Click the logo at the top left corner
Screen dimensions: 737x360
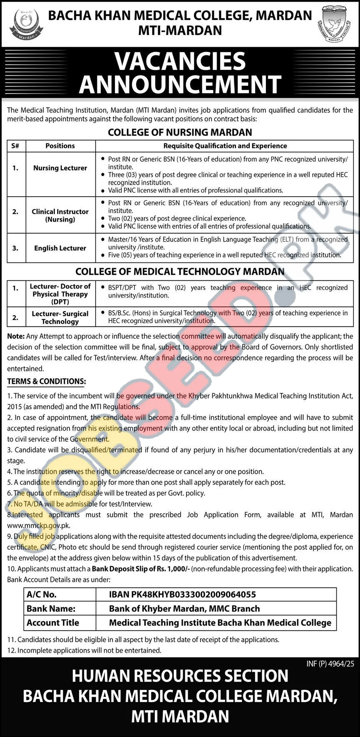tap(23, 23)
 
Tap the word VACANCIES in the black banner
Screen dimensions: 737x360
tap(180, 61)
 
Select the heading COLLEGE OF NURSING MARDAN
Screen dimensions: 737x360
tap(180, 132)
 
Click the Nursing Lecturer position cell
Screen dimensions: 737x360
tap(60, 168)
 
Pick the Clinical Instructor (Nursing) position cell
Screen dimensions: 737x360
tap(60, 215)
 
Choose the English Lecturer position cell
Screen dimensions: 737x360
tap(60, 248)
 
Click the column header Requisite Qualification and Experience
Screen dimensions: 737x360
tap(225, 146)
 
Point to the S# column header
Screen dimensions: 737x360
tap(16, 146)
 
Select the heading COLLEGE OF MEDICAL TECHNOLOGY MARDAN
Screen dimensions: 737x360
tap(180, 272)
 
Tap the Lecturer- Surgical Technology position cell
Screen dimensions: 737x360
tap(60, 317)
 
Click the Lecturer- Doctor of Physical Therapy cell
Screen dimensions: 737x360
tap(60, 294)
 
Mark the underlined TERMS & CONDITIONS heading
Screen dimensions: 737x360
tap(47, 381)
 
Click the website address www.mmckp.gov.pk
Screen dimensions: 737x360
tap(38, 525)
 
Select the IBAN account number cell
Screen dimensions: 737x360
tap(182, 595)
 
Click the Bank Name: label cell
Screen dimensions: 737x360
tap(51, 608)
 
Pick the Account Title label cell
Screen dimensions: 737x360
tap(52, 623)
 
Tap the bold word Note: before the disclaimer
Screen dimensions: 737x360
tap(16, 336)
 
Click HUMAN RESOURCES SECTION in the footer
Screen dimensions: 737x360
tap(180, 676)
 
